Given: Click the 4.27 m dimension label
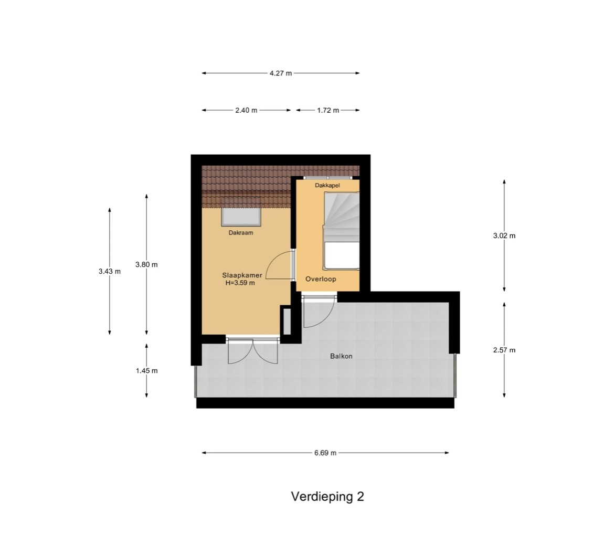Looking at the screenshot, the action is tap(281, 73).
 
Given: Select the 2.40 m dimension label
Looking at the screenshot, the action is tap(246, 110).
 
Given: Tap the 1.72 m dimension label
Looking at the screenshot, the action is tap(328, 110).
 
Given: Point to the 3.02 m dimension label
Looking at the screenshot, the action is tap(504, 235).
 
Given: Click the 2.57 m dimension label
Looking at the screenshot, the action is tap(504, 350).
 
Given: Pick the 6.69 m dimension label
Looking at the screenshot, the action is tap(325, 453).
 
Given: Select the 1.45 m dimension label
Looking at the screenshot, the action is tap(147, 371).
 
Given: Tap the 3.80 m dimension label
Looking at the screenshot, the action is tap(146, 264).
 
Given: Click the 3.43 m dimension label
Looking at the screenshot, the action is tap(110, 271).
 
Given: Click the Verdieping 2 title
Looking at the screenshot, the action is tap(327, 497).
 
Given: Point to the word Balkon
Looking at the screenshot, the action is tap(341, 356).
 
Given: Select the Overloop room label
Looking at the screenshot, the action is tap(321, 279).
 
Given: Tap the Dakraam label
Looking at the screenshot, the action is tap(241, 233).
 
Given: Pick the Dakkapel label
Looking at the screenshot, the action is tap(327, 186).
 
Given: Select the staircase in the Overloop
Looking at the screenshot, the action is tap(341, 230).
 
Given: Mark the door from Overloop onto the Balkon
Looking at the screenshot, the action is tap(319, 312).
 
